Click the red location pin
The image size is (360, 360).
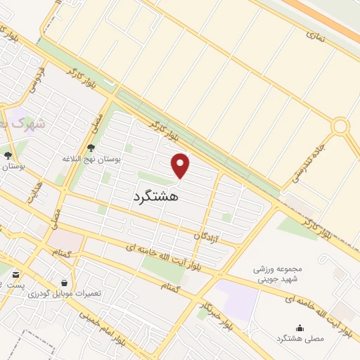tap(181, 165)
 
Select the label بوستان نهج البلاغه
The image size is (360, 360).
tap(91, 160)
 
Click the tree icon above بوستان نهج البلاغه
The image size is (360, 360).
tap(91, 148)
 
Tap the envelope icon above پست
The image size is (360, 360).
tap(15, 274)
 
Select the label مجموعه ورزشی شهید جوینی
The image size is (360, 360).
tap(283, 274)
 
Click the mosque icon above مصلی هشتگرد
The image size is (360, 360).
tap(300, 328)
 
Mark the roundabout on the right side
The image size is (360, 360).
tap(341, 127)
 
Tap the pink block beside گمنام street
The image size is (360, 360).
tap(63, 240)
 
